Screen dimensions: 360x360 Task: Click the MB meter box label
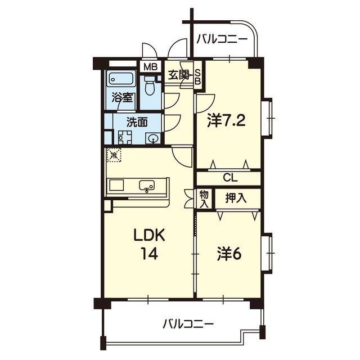pyautogui.click(x=151, y=67)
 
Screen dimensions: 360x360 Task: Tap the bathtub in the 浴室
pyautogui.click(x=120, y=79)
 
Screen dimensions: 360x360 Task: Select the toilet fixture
pyautogui.click(x=150, y=85)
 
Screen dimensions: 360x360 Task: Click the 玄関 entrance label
pyautogui.click(x=179, y=75)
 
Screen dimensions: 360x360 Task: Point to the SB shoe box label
pyautogui.click(x=197, y=76)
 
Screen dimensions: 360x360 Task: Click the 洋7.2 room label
pyautogui.click(x=226, y=120)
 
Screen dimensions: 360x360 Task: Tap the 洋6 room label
pyautogui.click(x=229, y=254)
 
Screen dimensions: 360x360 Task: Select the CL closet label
pyautogui.click(x=230, y=178)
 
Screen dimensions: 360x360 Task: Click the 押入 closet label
pyautogui.click(x=236, y=198)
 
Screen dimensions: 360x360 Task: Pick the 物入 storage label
pyautogui.click(x=204, y=199)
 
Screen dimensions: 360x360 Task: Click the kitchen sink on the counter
pyautogui.click(x=147, y=185)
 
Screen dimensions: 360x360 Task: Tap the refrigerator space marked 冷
pyautogui.click(x=114, y=155)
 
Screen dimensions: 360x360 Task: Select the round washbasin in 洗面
pyautogui.click(x=153, y=139)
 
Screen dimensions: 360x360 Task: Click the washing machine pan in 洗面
pyautogui.click(x=125, y=137)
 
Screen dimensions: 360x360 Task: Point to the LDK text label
pyautogui.click(x=149, y=236)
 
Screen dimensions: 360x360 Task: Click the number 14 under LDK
pyautogui.click(x=149, y=254)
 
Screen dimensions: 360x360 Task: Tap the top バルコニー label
pyautogui.click(x=222, y=39)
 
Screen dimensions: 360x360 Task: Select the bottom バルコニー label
pyautogui.click(x=188, y=325)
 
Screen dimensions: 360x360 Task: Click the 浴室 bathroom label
pyautogui.click(x=122, y=97)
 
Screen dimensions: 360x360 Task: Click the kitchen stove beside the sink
pyautogui.click(x=116, y=185)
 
